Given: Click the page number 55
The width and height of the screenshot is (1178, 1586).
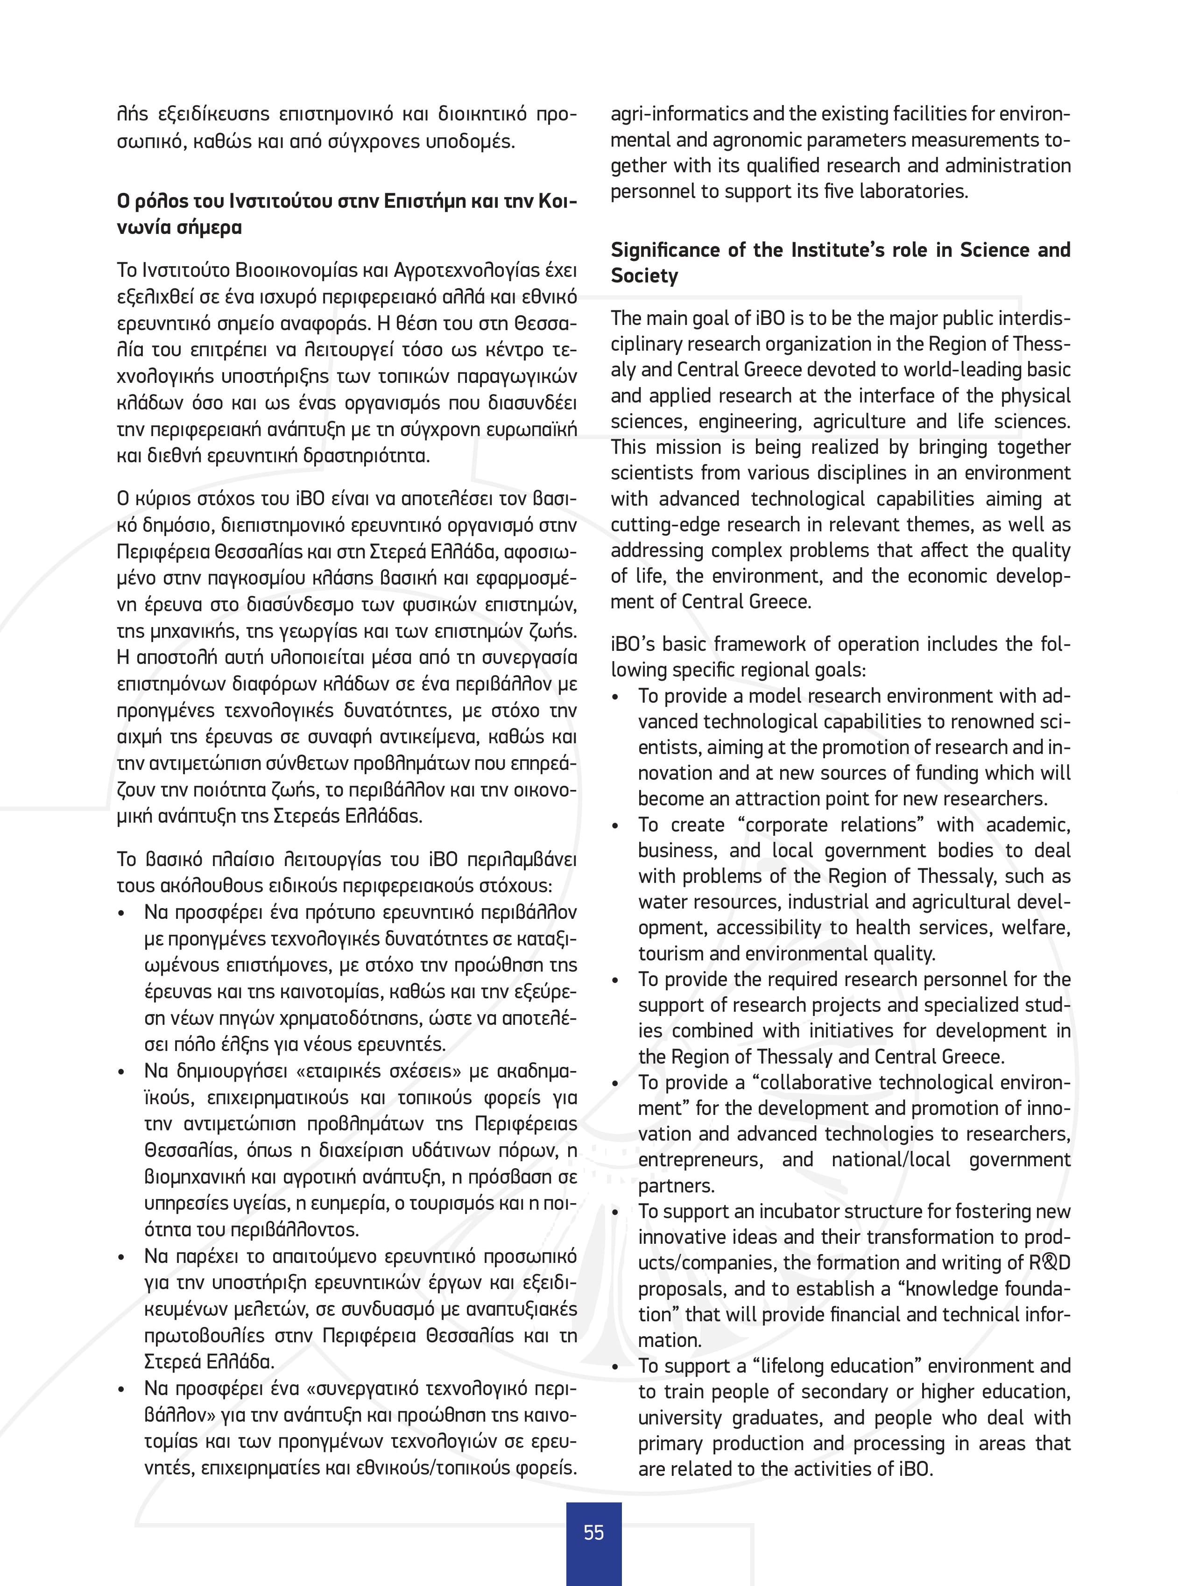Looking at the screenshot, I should pyautogui.click(x=593, y=1532).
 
